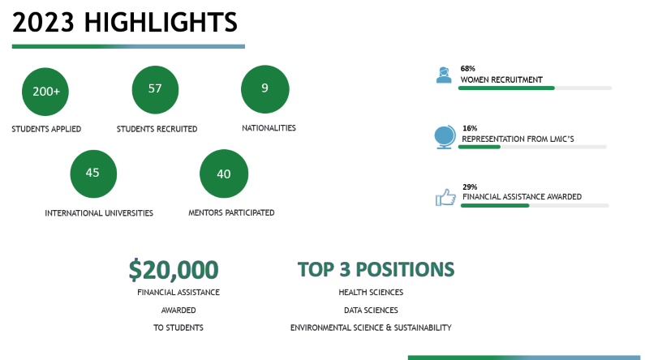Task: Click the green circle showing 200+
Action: pos(45,92)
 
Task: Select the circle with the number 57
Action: pos(155,89)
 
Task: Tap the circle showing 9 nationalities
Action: pos(265,89)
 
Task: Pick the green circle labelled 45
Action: pos(93,174)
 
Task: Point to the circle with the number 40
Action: pos(224,174)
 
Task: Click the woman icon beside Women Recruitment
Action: pos(444,75)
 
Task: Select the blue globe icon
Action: pos(445,137)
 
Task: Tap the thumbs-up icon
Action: pos(445,197)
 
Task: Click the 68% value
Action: pos(467,68)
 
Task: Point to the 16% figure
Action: pos(470,128)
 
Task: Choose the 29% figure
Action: pos(470,187)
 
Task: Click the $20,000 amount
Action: pos(174,269)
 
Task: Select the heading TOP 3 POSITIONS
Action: pos(376,269)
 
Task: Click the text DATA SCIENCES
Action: pos(371,311)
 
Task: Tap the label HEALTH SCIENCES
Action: pos(371,292)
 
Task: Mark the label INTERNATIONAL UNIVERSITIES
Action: pos(99,213)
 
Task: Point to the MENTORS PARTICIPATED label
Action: pos(231,212)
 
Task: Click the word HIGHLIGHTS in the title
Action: pos(161,22)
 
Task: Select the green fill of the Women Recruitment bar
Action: pos(506,88)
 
